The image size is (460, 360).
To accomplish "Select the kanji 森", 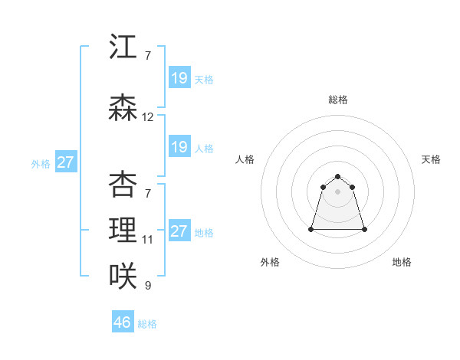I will (123, 109).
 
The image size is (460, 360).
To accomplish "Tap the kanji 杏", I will (123, 185).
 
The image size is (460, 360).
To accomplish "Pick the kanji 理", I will (123, 230).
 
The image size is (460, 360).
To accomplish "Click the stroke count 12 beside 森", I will (148, 118).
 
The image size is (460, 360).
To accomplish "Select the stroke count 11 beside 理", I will (148, 240).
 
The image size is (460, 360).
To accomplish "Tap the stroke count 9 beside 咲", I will (148, 286).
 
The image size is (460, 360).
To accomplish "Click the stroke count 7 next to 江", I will (148, 56).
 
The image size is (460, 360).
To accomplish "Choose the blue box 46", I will (123, 322).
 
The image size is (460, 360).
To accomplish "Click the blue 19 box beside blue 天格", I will (179, 78).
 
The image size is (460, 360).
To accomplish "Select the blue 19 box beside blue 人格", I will (179, 147).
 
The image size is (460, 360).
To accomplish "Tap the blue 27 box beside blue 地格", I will (179, 232).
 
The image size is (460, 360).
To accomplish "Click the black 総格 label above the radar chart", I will (338, 100).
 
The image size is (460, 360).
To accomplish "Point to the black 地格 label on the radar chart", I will (402, 262).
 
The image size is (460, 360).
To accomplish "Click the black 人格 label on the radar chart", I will (245, 159).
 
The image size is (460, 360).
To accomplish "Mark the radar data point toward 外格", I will (312, 229).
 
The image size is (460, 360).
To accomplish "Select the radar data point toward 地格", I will (364, 229).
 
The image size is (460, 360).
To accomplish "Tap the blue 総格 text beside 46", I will (147, 324).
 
